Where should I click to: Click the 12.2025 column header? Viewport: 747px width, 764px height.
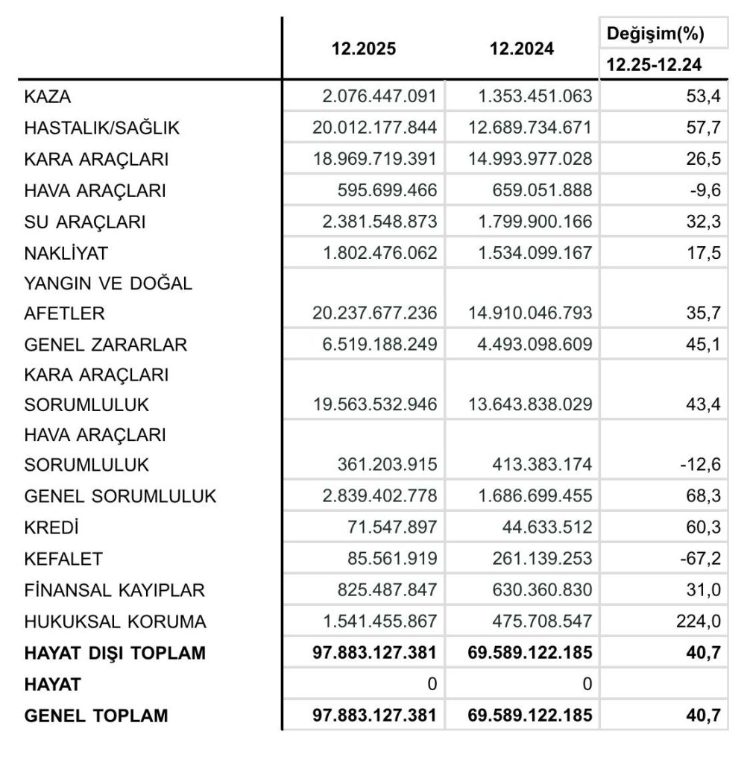[x=364, y=49]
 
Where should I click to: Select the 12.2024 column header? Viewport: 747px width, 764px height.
[x=521, y=49]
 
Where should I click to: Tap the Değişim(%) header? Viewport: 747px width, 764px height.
[x=656, y=34]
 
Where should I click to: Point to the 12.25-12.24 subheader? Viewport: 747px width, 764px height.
[x=656, y=65]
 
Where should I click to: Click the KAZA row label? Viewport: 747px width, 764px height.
[x=48, y=96]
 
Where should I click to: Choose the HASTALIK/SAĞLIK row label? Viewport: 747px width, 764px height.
[x=102, y=128]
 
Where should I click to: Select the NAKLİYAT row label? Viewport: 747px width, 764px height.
[x=66, y=253]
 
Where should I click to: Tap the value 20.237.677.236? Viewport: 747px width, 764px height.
[x=375, y=313]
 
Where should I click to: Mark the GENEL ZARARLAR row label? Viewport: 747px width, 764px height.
[x=106, y=345]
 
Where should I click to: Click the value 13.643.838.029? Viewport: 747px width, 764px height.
[x=531, y=404]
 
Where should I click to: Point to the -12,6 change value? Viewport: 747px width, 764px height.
[x=700, y=465]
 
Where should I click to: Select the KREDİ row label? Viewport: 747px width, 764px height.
[x=51, y=527]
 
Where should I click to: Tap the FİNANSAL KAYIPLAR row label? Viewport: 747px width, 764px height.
[x=114, y=590]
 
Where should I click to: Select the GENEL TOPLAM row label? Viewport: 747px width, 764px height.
[x=96, y=716]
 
